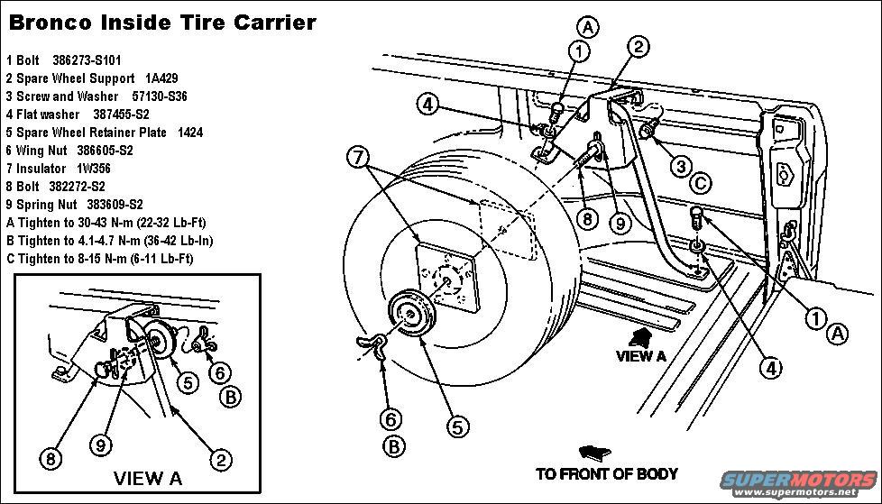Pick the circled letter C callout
pyautogui.click(x=700, y=184)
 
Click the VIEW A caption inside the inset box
pyautogui.click(x=147, y=477)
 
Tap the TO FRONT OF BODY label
pyautogui.click(x=606, y=473)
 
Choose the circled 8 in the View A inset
pyautogui.click(x=52, y=458)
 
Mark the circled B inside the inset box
pyautogui.click(x=230, y=396)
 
